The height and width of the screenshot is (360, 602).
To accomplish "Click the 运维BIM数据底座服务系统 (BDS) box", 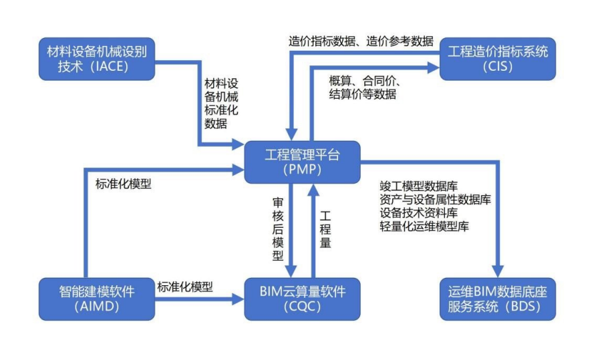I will click(x=497, y=299).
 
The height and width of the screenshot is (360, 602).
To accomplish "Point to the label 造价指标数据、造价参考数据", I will click(x=361, y=41).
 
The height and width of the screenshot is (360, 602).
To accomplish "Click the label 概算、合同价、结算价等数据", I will click(x=363, y=87).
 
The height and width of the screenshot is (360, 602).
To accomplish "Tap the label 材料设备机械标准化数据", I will click(x=221, y=104).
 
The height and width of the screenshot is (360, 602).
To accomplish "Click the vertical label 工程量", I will click(x=325, y=230).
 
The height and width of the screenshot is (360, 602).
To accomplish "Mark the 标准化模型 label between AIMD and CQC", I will click(x=185, y=287).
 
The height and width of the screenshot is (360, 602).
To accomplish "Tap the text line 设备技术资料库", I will click(x=418, y=213).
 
